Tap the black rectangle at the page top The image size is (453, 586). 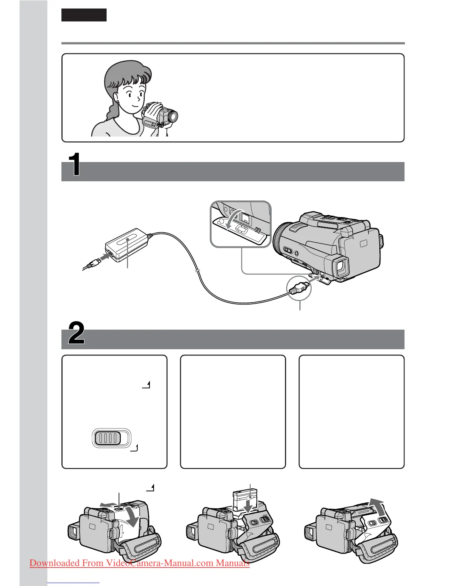point(84,15)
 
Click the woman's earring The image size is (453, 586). point(118,102)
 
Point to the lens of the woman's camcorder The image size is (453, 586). point(173,117)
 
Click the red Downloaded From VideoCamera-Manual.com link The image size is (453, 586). point(140,563)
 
